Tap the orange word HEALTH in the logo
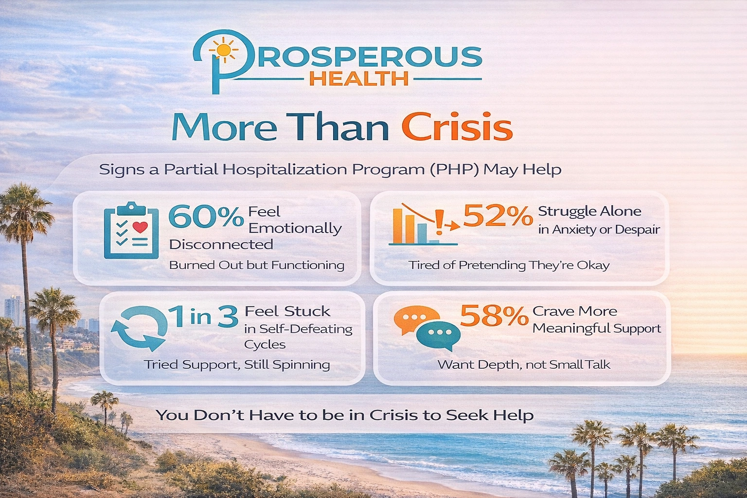[x=359, y=78]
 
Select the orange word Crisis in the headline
[x=457, y=127]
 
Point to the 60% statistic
[x=206, y=217]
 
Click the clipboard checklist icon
[x=131, y=231]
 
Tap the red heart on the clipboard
[x=141, y=227]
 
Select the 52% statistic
[x=498, y=215]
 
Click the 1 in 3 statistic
[x=203, y=316]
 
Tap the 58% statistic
[x=494, y=316]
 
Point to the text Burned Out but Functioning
[x=256, y=265]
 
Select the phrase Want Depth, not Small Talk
[x=523, y=365]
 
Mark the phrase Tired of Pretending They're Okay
[x=509, y=265]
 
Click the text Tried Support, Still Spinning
[x=237, y=365]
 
